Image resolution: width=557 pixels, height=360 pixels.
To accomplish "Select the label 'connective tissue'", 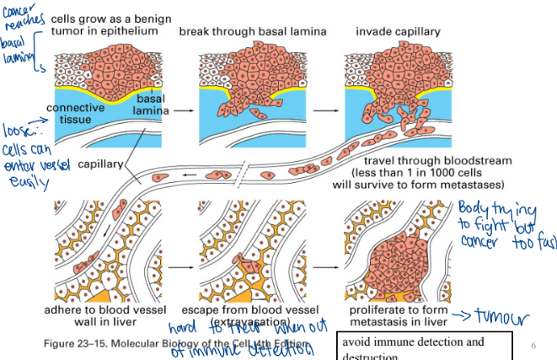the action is (75, 113).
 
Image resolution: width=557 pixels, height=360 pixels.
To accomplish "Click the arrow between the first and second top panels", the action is (179, 110).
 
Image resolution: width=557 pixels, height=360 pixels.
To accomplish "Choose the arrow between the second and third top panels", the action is (324, 110).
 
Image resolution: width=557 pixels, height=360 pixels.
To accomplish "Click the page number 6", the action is (533, 346).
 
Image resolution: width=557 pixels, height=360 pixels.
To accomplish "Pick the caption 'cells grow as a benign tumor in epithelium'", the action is (104, 24).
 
